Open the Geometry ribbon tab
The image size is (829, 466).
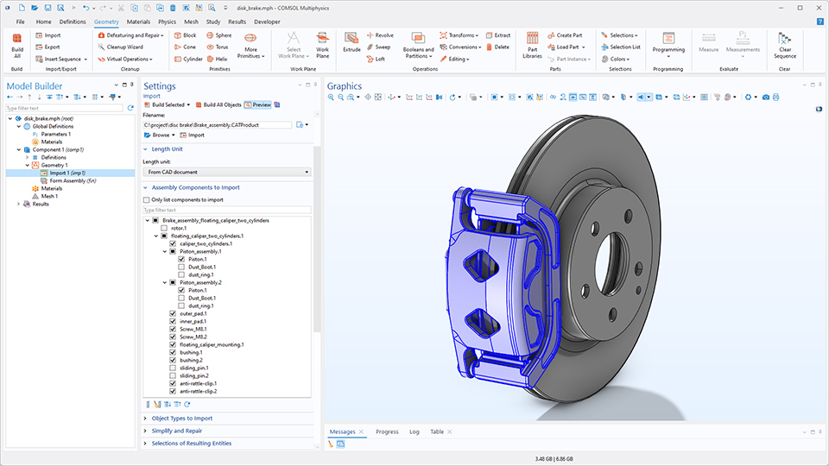click(x=107, y=21)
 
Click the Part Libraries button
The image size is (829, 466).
click(x=533, y=43)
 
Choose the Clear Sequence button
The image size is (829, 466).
click(x=784, y=43)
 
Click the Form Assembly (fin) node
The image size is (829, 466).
click(x=73, y=180)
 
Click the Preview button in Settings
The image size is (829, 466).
click(x=258, y=104)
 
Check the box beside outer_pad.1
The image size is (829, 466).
click(x=174, y=313)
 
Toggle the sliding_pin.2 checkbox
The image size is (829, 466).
click(x=174, y=376)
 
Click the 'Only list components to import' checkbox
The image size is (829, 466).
click(x=147, y=199)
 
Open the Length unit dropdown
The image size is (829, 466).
click(x=226, y=172)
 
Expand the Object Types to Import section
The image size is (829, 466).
click(x=181, y=419)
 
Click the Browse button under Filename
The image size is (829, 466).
click(x=160, y=135)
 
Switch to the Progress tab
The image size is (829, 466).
click(x=387, y=431)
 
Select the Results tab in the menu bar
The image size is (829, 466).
click(x=237, y=21)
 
